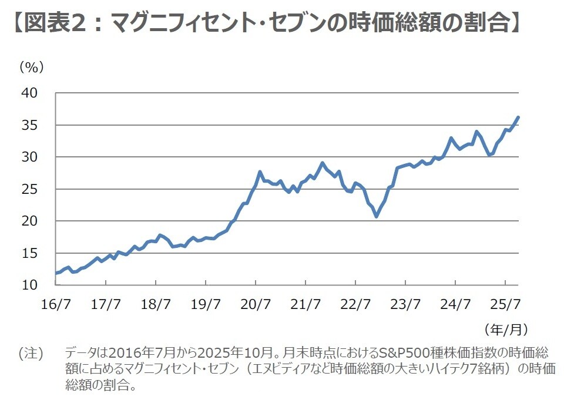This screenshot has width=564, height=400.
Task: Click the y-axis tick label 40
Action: coord(29,93)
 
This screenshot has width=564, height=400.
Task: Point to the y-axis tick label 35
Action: coord(29,125)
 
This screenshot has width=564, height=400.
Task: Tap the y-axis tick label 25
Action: coord(29,189)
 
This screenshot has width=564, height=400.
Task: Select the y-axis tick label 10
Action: coord(29,285)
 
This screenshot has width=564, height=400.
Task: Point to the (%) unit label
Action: coord(32,67)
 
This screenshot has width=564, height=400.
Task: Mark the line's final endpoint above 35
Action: coord(518,117)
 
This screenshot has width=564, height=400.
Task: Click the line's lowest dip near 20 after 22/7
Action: coord(377,216)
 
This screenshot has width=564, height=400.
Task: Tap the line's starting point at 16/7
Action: coord(55,273)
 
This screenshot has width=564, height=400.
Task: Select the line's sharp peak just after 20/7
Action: coord(260,172)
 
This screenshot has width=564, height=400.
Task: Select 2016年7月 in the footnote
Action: coord(136,354)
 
